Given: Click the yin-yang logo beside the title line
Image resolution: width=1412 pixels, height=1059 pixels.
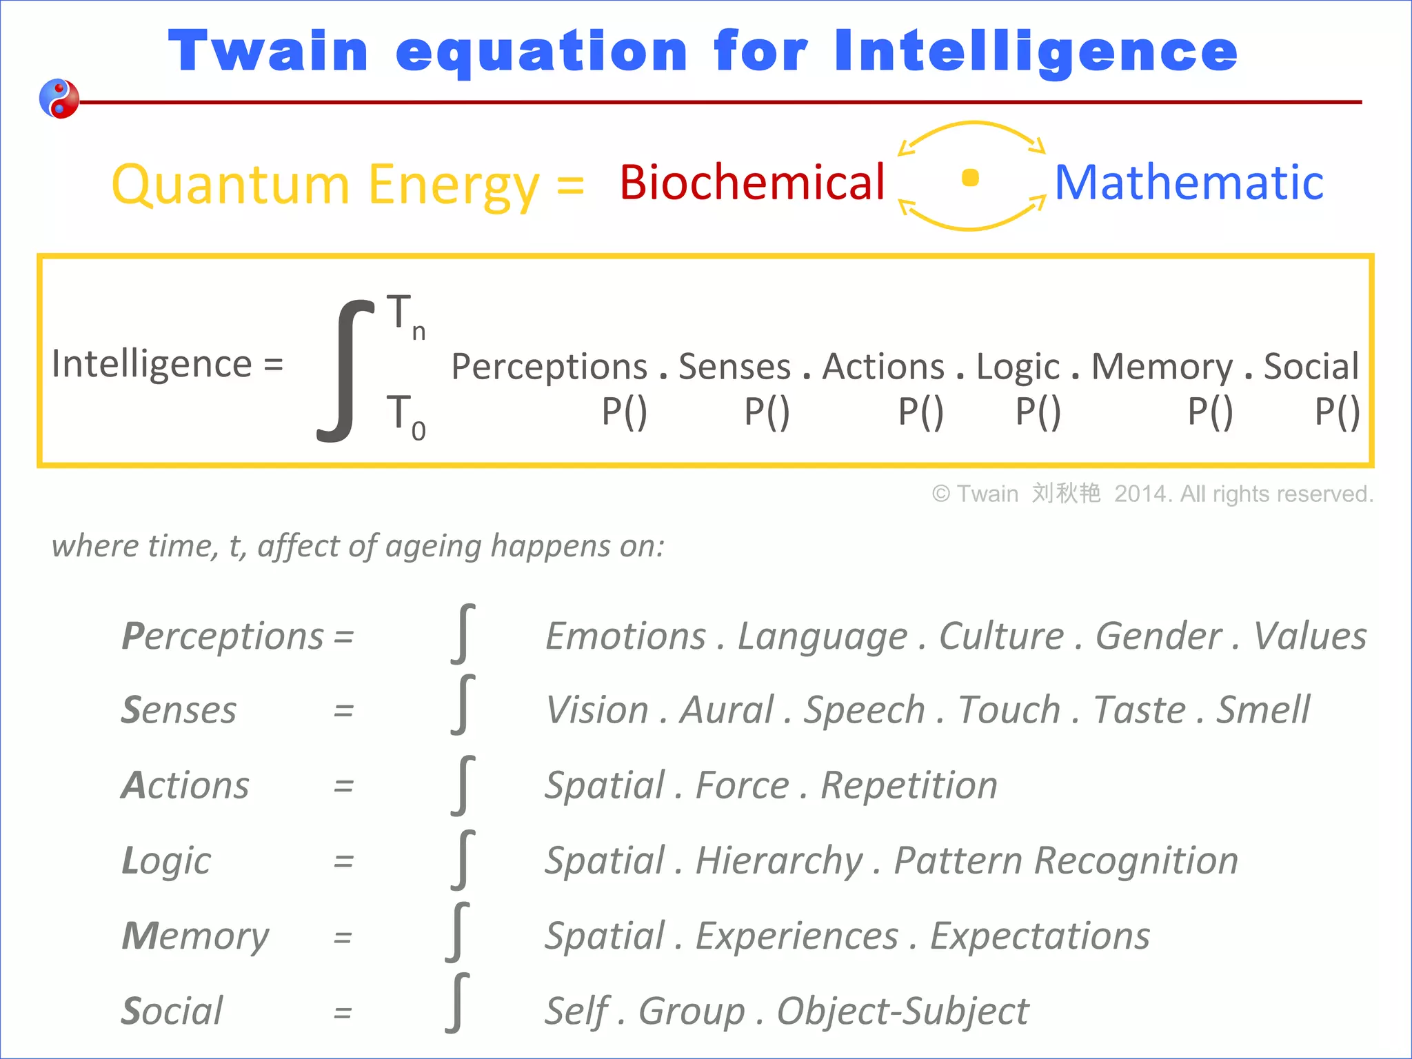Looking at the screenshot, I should [x=59, y=99].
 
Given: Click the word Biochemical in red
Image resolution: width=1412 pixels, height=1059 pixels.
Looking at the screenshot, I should [x=752, y=183].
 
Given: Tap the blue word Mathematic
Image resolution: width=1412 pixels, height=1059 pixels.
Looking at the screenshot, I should [x=1189, y=183].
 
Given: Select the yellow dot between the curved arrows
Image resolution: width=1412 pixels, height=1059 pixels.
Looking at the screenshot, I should [x=970, y=178].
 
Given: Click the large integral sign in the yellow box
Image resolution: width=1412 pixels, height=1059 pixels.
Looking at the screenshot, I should [x=345, y=370].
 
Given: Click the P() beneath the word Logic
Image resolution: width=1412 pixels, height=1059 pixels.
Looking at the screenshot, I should [x=1038, y=412].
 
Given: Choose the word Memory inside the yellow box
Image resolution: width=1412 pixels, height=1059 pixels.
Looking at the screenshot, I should [x=1162, y=367].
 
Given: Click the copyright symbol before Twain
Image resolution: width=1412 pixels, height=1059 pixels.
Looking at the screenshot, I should [x=940, y=494].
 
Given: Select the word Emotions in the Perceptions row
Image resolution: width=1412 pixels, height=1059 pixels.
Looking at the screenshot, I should [x=625, y=636].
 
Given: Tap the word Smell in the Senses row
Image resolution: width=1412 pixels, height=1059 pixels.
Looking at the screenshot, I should [x=1262, y=710].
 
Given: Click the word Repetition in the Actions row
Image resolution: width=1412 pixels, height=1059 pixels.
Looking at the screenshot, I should [x=909, y=785].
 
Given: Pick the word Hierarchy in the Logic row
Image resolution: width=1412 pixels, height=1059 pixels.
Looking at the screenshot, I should [x=779, y=860].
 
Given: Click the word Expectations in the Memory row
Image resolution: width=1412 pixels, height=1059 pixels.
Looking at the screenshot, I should [x=1040, y=936].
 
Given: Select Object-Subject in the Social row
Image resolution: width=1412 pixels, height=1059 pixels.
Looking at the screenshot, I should [x=902, y=1011].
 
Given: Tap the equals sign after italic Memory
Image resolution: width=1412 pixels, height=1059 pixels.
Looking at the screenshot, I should [x=343, y=938].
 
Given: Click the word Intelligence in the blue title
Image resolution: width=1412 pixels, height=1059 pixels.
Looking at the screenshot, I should [x=1036, y=52].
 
